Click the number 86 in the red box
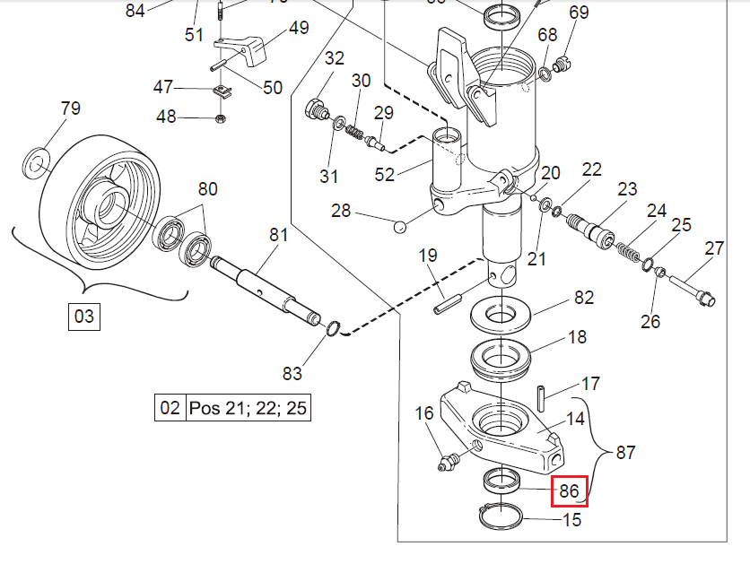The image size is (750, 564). tap(569, 490)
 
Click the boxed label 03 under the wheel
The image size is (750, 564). tap(83, 317)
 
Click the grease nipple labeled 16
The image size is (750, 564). tap(447, 463)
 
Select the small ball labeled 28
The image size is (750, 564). tap(401, 225)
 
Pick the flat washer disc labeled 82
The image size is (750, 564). tap(500, 313)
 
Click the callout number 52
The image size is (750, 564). tap(384, 174)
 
